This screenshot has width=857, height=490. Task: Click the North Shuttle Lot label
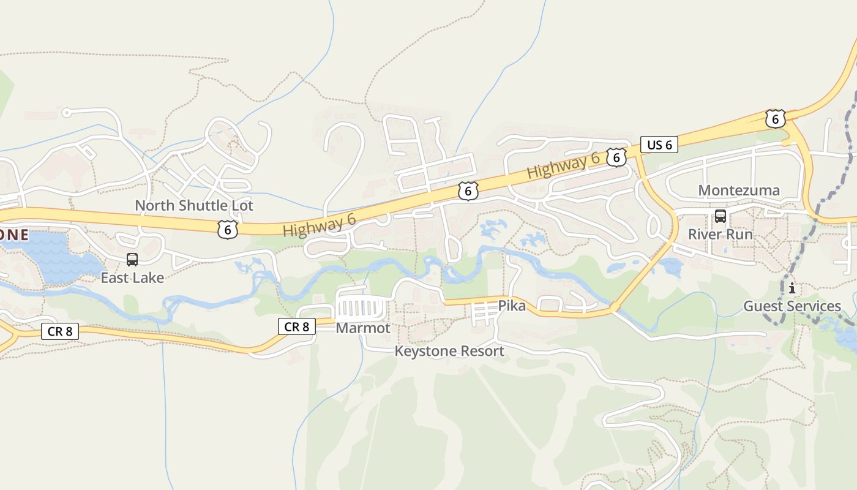click(x=193, y=205)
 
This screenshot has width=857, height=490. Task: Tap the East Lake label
click(x=132, y=277)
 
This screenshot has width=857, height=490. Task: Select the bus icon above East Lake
click(x=132, y=260)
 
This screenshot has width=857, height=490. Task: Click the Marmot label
click(x=363, y=328)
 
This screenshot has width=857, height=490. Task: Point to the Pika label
click(x=511, y=305)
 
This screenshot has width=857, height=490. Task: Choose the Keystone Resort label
click(x=449, y=351)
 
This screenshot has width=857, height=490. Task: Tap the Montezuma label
click(x=739, y=190)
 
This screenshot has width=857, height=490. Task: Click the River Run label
click(x=720, y=234)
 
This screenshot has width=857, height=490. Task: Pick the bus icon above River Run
click(x=720, y=216)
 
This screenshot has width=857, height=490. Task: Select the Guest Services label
click(x=792, y=306)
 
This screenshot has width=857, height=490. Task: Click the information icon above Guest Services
click(x=792, y=288)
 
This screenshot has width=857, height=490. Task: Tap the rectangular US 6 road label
click(x=659, y=145)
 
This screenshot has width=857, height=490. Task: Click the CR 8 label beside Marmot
click(x=297, y=327)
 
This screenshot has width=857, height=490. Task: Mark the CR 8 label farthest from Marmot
click(x=60, y=331)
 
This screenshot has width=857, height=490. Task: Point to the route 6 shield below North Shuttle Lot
click(x=227, y=230)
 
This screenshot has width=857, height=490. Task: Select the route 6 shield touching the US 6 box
click(x=616, y=157)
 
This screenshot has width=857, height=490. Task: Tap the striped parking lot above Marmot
click(x=364, y=306)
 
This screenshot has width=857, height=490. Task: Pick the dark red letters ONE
click(x=13, y=235)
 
